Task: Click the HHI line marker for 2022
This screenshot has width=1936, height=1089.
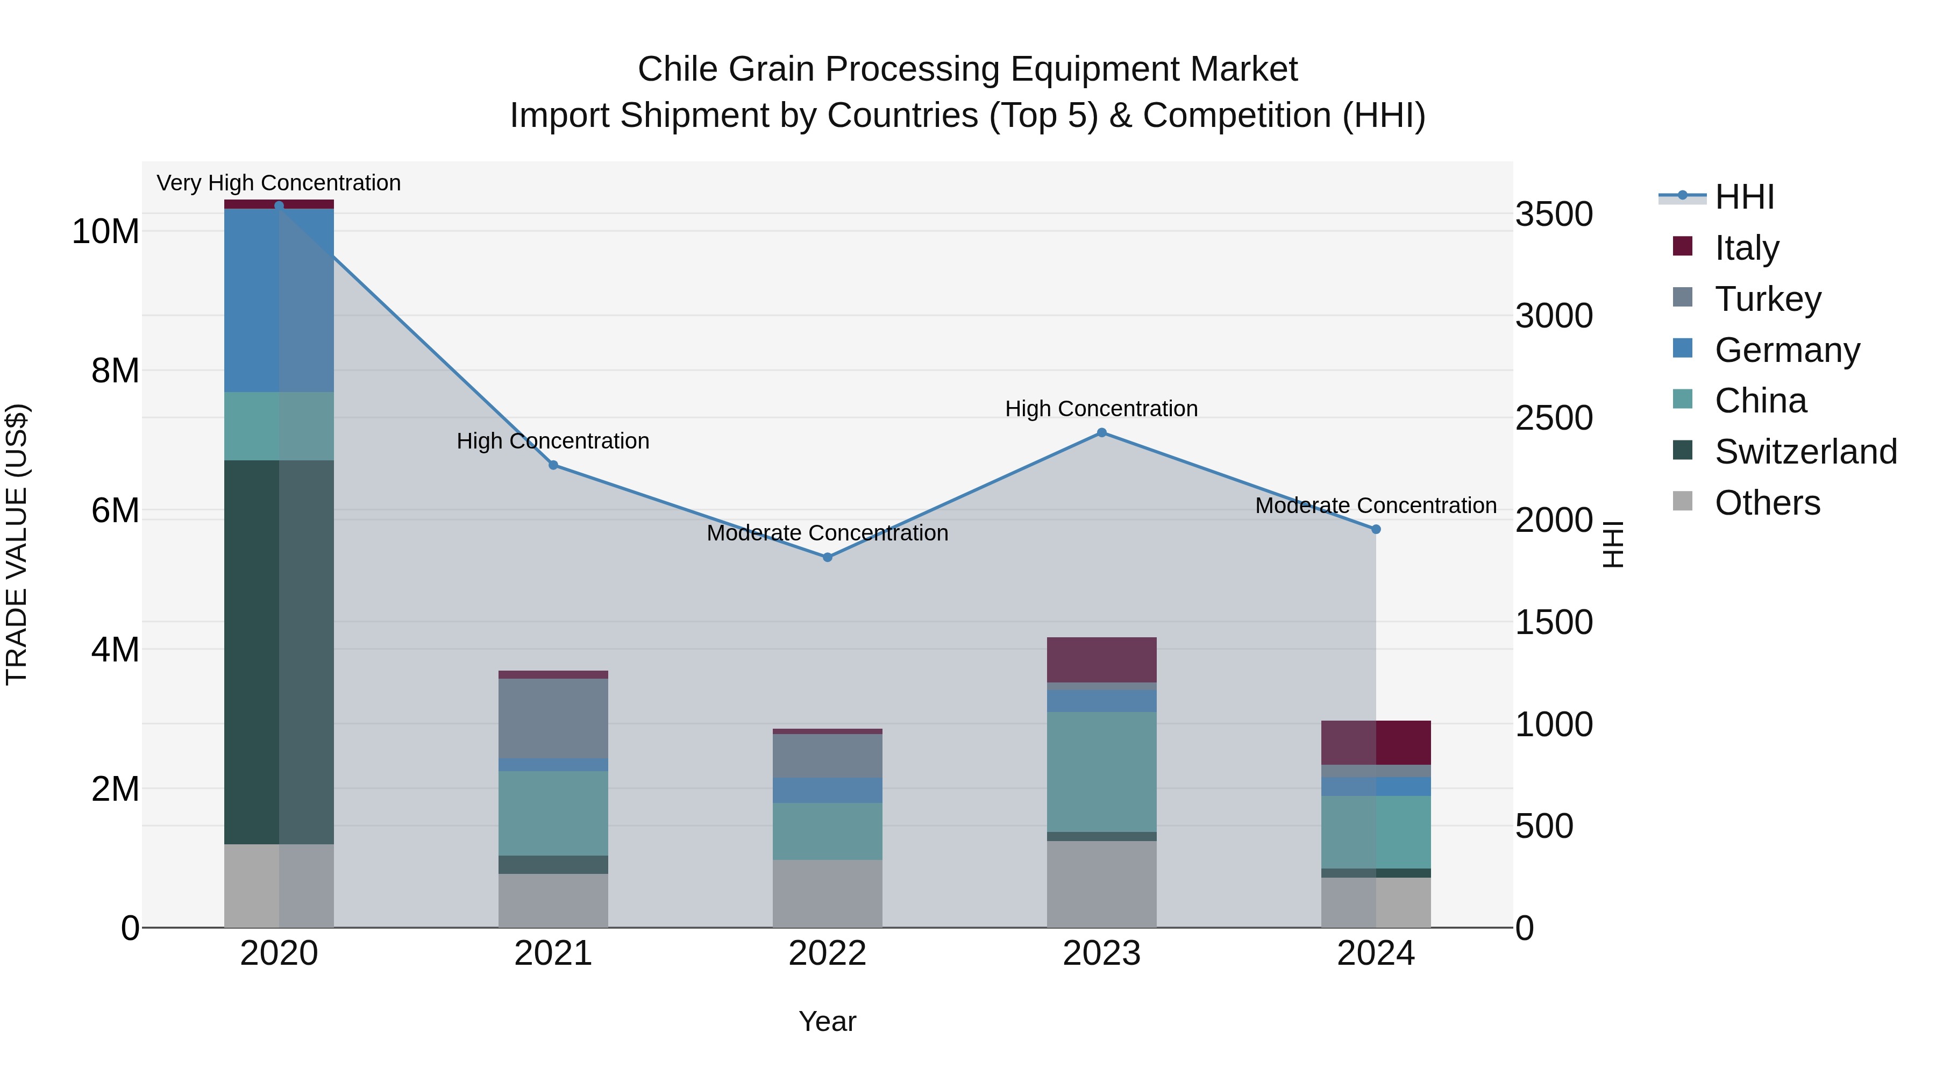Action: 828,558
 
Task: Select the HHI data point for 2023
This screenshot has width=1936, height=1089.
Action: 1102,433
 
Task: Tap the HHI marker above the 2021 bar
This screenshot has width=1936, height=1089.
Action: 553,465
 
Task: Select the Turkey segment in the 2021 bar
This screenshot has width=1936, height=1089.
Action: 553,719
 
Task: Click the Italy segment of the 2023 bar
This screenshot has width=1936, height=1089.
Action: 1102,660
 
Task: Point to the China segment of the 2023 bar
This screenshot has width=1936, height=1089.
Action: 1102,772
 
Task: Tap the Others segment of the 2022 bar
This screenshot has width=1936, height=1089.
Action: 828,894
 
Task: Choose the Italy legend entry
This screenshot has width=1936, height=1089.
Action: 1747,248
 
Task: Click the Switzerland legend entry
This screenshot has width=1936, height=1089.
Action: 1805,452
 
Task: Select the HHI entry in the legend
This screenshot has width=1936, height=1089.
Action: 1743,197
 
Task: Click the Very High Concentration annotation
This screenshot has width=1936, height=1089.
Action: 279,183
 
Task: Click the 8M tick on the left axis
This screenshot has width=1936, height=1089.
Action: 115,371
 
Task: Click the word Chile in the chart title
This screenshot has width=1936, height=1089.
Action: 678,70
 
